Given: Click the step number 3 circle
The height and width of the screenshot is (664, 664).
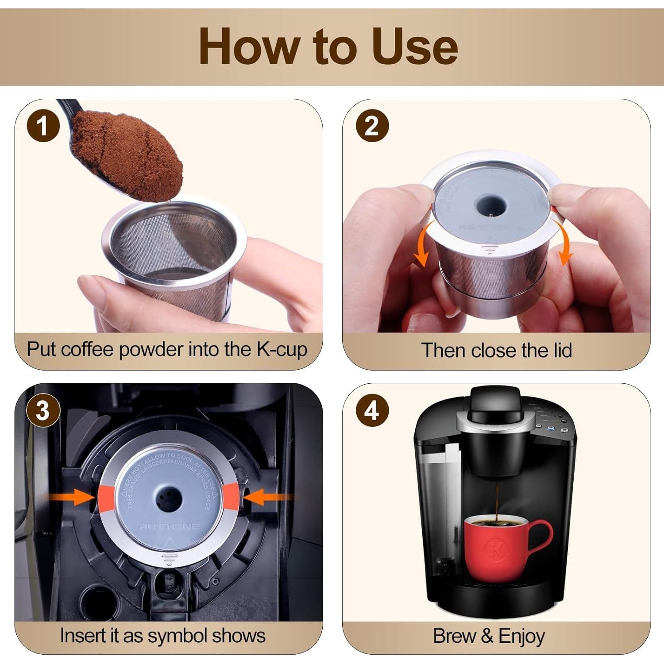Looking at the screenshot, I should tap(43, 411).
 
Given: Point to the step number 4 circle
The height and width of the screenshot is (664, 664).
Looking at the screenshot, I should tap(372, 411).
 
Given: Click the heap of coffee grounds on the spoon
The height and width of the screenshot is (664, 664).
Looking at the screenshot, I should tap(128, 155).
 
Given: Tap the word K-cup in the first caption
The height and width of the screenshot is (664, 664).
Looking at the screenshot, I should tap(282, 350).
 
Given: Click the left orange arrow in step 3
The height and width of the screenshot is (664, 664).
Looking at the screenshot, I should tap(71, 497).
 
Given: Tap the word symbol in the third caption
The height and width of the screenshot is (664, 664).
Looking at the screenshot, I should tap(172, 636).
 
